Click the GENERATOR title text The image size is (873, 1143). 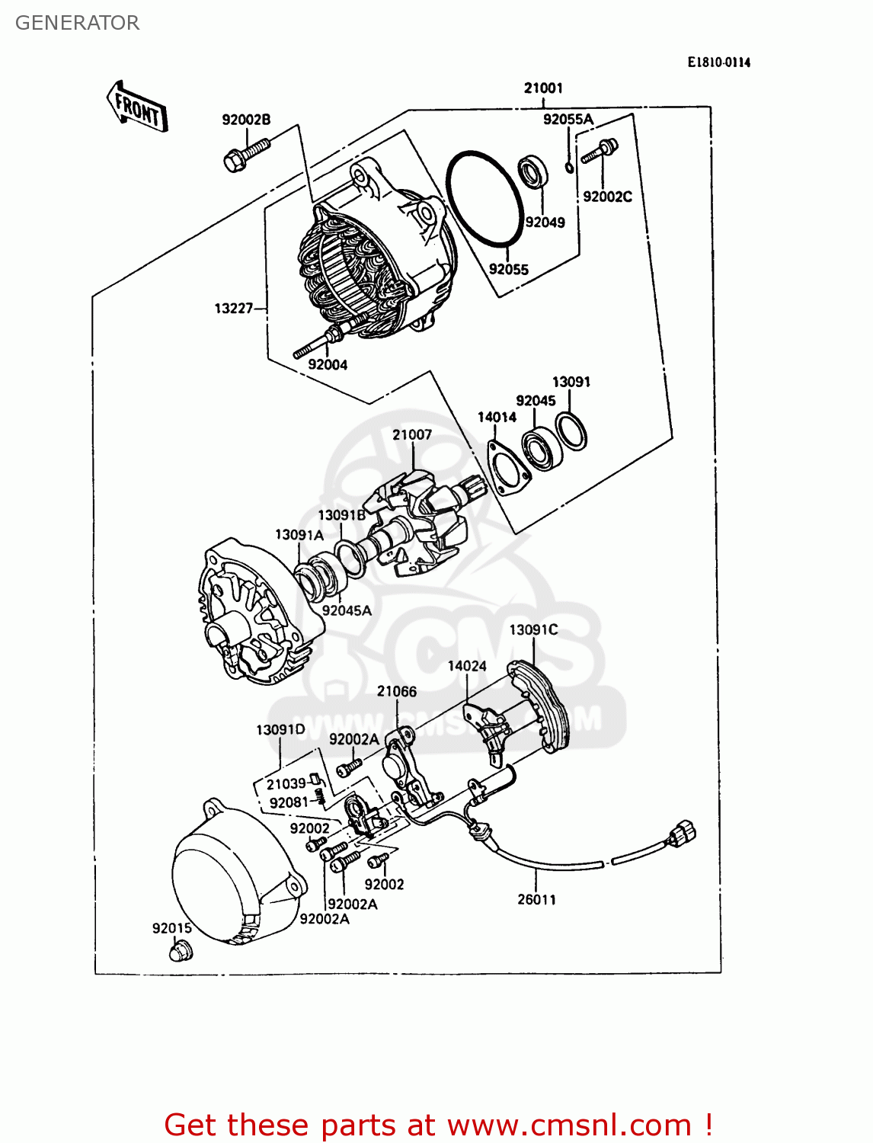click(77, 23)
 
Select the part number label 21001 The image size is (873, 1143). click(543, 88)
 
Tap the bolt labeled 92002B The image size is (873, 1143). click(247, 152)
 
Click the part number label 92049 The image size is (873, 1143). click(545, 223)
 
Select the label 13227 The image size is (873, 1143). click(233, 309)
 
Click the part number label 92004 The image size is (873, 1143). click(328, 365)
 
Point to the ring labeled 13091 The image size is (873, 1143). click(571, 431)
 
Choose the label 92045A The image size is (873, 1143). click(347, 610)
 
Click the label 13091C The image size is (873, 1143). click(533, 630)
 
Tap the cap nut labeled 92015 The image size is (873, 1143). click(181, 951)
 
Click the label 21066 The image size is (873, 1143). click(397, 692)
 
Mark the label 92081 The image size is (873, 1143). click(289, 803)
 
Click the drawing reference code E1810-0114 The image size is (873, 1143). click(718, 62)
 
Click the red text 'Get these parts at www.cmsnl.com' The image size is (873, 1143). click(438, 1125)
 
